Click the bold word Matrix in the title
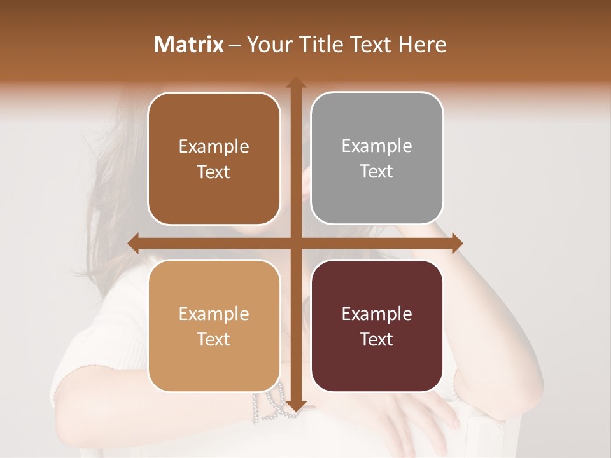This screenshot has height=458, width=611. point(189,45)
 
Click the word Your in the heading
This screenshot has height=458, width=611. point(266,45)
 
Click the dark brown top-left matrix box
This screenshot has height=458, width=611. point(214,159)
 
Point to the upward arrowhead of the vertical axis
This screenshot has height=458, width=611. point(295,83)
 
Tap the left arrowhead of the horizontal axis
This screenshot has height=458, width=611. point(134,244)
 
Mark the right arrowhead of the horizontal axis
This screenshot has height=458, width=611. point(456,244)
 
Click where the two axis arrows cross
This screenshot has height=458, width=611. point(295,244)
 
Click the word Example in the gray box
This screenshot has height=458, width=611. point(377,146)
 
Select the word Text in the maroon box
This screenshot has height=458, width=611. point(377,339)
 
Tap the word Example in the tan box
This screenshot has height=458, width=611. point(214,314)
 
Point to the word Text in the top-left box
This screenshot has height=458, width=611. point(214,172)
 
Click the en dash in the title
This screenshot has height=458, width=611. point(235,45)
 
